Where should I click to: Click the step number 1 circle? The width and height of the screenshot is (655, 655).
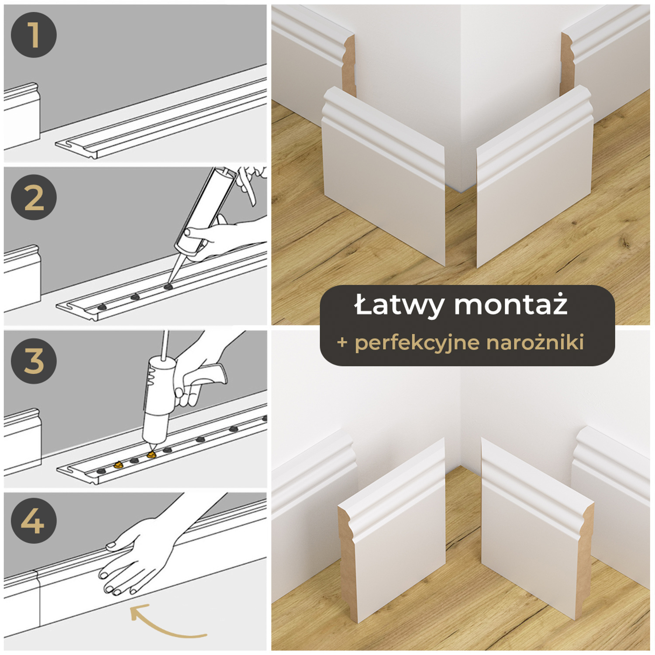click(34, 35)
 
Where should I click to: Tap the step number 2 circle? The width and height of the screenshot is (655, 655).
click(34, 197)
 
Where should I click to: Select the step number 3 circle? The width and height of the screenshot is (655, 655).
click(34, 361)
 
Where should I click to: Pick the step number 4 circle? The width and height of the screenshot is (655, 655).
click(34, 521)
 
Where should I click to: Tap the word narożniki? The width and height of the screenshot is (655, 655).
click(535, 342)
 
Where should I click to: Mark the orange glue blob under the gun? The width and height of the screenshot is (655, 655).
click(152, 455)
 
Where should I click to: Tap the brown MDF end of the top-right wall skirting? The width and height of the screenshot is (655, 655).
click(566, 65)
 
